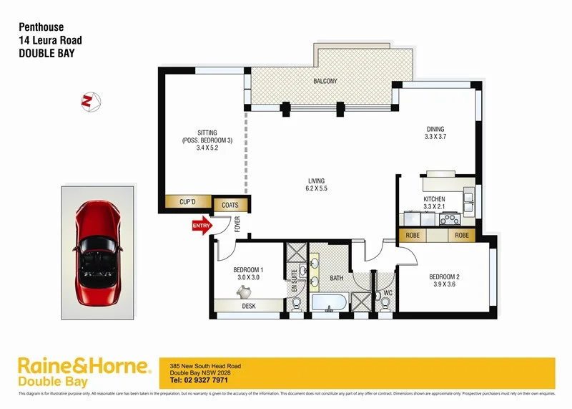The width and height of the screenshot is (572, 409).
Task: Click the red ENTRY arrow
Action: tap(202, 226)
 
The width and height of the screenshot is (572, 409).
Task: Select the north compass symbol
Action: tap(90, 101)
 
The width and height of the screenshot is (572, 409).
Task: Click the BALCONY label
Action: tap(325, 82)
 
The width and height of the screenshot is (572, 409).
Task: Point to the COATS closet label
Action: tap(230, 206)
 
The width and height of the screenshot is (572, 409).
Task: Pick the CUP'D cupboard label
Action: tap(187, 203)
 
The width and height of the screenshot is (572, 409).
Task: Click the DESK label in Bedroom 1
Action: tap(249, 306)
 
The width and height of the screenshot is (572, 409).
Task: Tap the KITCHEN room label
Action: tap(434, 199)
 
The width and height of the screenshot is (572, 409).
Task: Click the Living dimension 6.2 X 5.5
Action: tap(316, 189)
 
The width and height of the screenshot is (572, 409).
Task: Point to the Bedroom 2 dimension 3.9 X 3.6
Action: tap(443, 285)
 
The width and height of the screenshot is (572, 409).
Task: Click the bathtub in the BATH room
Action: tap(328, 304)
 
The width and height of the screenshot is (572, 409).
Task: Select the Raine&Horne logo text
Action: tap(84, 366)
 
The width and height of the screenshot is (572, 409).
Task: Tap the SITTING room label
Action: tap(207, 133)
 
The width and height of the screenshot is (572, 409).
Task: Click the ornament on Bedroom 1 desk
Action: tap(245, 291)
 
